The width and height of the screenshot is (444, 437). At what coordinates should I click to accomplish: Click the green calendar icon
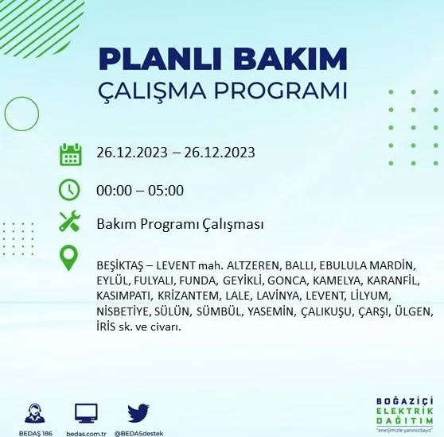coord(71,153)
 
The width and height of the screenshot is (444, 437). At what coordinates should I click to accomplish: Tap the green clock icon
coord(70,190)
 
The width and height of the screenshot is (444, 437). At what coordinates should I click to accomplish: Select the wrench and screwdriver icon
coord(70,223)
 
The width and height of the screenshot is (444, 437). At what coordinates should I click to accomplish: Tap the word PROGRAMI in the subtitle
coord(282,90)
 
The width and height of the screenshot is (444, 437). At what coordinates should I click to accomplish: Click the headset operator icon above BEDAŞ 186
coord(36,412)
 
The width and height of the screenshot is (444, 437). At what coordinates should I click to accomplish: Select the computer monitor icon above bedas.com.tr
coord(86,412)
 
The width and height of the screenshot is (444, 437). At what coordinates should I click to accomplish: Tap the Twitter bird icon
coord(139,412)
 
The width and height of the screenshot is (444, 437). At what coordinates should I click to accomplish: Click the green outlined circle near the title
coord(21,114)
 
